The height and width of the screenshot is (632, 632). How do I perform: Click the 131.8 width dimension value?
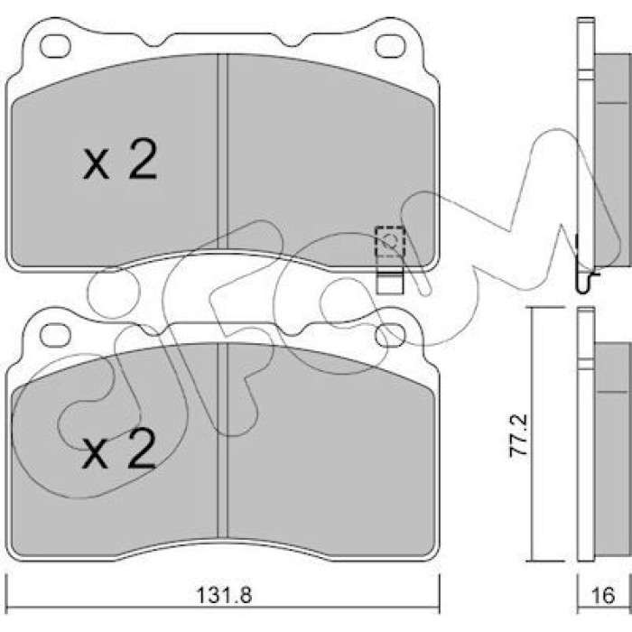(224, 595)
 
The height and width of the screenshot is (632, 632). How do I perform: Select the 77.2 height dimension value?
(518, 435)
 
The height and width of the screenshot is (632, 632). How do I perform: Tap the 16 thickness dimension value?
(603, 595)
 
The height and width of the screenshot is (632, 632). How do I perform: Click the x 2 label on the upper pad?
(120, 159)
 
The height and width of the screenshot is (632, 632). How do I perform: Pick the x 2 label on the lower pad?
(119, 449)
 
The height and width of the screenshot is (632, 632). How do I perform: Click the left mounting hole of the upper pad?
(55, 46)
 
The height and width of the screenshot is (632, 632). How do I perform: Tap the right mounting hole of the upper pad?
(390, 46)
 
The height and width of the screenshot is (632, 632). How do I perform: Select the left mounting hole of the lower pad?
(55, 335)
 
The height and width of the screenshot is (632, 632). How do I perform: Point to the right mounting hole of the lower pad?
(390, 335)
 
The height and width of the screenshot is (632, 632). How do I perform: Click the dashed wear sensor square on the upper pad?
(390, 242)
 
